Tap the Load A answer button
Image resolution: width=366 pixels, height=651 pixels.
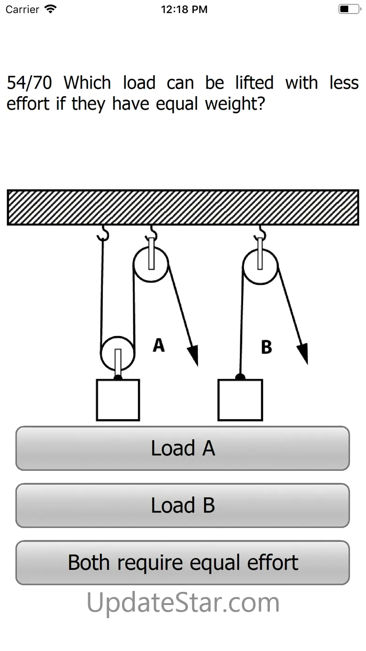[x=183, y=448]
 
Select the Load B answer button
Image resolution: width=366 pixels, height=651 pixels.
[x=183, y=505]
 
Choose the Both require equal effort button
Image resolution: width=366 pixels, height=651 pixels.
[x=183, y=563]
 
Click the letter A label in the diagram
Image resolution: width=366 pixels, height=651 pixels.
[x=159, y=345]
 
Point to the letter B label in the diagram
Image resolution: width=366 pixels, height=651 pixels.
[x=266, y=347]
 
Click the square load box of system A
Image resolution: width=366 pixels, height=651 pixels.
[x=118, y=400]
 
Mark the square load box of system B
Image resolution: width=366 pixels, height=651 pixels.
[x=240, y=400]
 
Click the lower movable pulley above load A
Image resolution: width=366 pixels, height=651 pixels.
[x=118, y=353]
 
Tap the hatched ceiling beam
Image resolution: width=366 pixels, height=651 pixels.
[x=183, y=207]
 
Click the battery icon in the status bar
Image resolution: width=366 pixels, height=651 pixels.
[x=349, y=9]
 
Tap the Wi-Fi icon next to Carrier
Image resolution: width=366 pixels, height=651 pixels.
[x=50, y=9]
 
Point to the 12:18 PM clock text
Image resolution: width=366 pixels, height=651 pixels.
[x=184, y=9]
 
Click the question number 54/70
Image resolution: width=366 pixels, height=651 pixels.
[x=29, y=83]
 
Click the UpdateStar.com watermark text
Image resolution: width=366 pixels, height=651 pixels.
[x=183, y=603]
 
